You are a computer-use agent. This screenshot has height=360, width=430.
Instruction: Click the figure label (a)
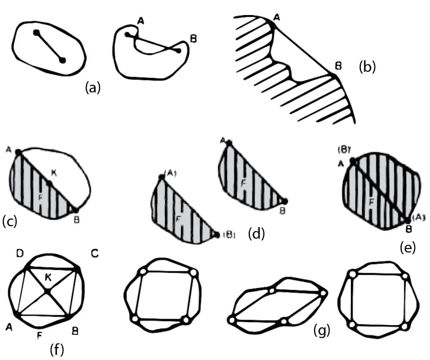point(92,88)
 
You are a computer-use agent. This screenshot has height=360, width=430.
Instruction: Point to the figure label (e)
point(407,248)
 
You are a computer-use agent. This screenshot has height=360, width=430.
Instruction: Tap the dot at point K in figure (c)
point(50,184)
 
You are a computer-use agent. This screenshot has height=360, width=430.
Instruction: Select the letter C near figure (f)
point(95,254)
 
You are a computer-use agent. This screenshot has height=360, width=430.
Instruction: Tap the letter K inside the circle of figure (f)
point(48,278)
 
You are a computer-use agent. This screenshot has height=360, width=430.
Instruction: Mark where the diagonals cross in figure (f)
point(47,292)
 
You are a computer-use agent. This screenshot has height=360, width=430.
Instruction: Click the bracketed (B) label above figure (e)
point(345,151)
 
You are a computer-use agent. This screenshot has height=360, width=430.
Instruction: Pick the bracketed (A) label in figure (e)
point(418,218)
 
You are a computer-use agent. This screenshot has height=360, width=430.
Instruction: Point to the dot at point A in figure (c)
point(18,152)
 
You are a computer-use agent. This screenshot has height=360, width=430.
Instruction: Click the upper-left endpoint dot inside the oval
point(37,32)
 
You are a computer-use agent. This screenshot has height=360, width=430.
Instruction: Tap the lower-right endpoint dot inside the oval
point(63,60)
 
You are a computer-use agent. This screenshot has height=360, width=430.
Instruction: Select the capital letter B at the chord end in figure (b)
point(338,66)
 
